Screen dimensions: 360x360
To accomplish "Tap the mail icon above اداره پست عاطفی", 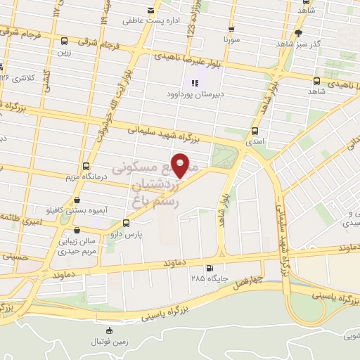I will point(150,10).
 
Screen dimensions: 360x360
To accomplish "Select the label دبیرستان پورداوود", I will point(194,93).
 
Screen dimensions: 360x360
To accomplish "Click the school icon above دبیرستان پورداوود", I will point(195,82).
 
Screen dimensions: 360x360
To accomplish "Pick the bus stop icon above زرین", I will point(65,41).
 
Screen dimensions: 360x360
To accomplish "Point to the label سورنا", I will point(231,41).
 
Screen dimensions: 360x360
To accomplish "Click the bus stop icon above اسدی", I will point(255,130).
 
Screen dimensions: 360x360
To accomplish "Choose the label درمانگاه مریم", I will point(85,177).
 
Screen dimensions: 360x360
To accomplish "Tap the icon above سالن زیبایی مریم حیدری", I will point(75,229).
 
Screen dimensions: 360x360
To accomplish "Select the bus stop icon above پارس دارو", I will point(127,223).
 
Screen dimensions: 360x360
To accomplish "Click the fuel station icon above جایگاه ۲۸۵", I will point(209,268).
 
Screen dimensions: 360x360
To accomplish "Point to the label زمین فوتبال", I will point(109,342).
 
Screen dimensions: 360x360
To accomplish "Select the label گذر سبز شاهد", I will point(304,44).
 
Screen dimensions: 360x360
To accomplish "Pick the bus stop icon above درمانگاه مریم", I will point(86,167).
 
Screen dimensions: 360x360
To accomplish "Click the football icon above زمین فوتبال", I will point(108,331).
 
